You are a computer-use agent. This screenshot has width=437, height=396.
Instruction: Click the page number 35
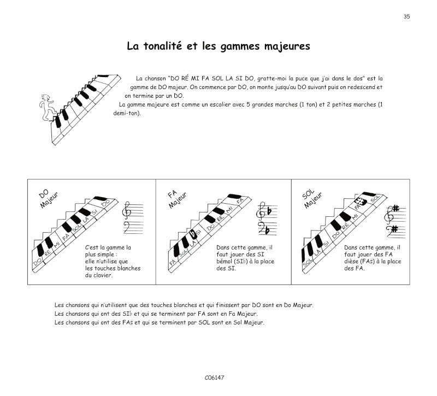[x=406, y=16]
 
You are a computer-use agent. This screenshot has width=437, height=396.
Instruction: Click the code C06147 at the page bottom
[x=215, y=377]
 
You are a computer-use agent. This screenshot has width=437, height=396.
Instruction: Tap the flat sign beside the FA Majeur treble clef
[x=269, y=208]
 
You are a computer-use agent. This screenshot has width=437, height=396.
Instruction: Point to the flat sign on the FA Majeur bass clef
[x=268, y=229]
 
